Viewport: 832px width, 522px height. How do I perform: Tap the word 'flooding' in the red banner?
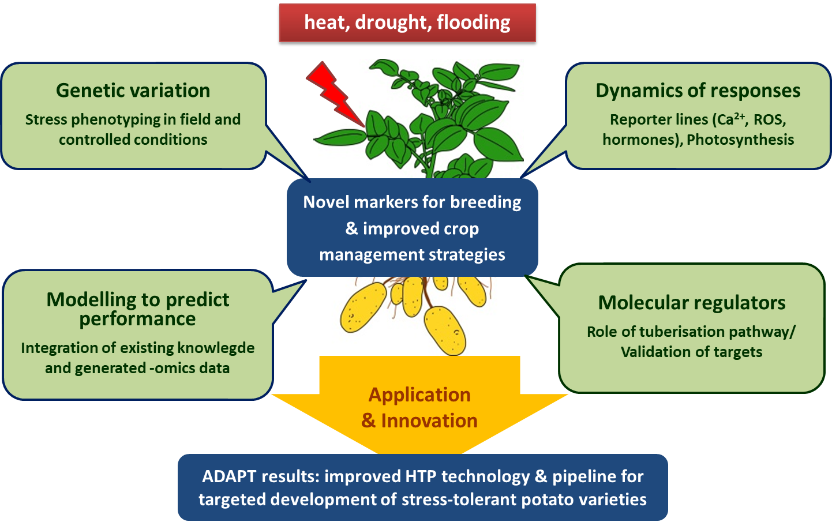pyautogui.click(x=474, y=22)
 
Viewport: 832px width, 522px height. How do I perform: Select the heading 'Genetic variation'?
pyautogui.click(x=133, y=90)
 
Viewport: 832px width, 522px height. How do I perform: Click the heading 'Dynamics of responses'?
pyautogui.click(x=698, y=91)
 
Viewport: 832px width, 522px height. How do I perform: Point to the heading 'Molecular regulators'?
pyautogui.click(x=692, y=303)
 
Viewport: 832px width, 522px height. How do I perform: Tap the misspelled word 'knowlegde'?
pyautogui.click(x=216, y=348)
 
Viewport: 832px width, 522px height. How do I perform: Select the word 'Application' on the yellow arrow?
pyautogui.click(x=419, y=395)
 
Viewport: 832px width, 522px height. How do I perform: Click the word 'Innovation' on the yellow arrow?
pyautogui.click(x=429, y=420)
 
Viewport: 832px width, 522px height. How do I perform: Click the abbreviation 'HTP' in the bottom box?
pyautogui.click(x=421, y=476)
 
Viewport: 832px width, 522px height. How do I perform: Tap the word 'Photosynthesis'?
pyautogui.click(x=740, y=140)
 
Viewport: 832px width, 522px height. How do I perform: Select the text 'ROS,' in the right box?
pyautogui.click(x=770, y=119)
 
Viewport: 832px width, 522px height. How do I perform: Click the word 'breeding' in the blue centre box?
pyautogui.click(x=485, y=202)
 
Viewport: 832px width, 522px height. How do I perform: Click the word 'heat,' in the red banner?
pyautogui.click(x=327, y=22)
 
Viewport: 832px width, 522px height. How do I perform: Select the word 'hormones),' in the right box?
pyautogui.click(x=643, y=140)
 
